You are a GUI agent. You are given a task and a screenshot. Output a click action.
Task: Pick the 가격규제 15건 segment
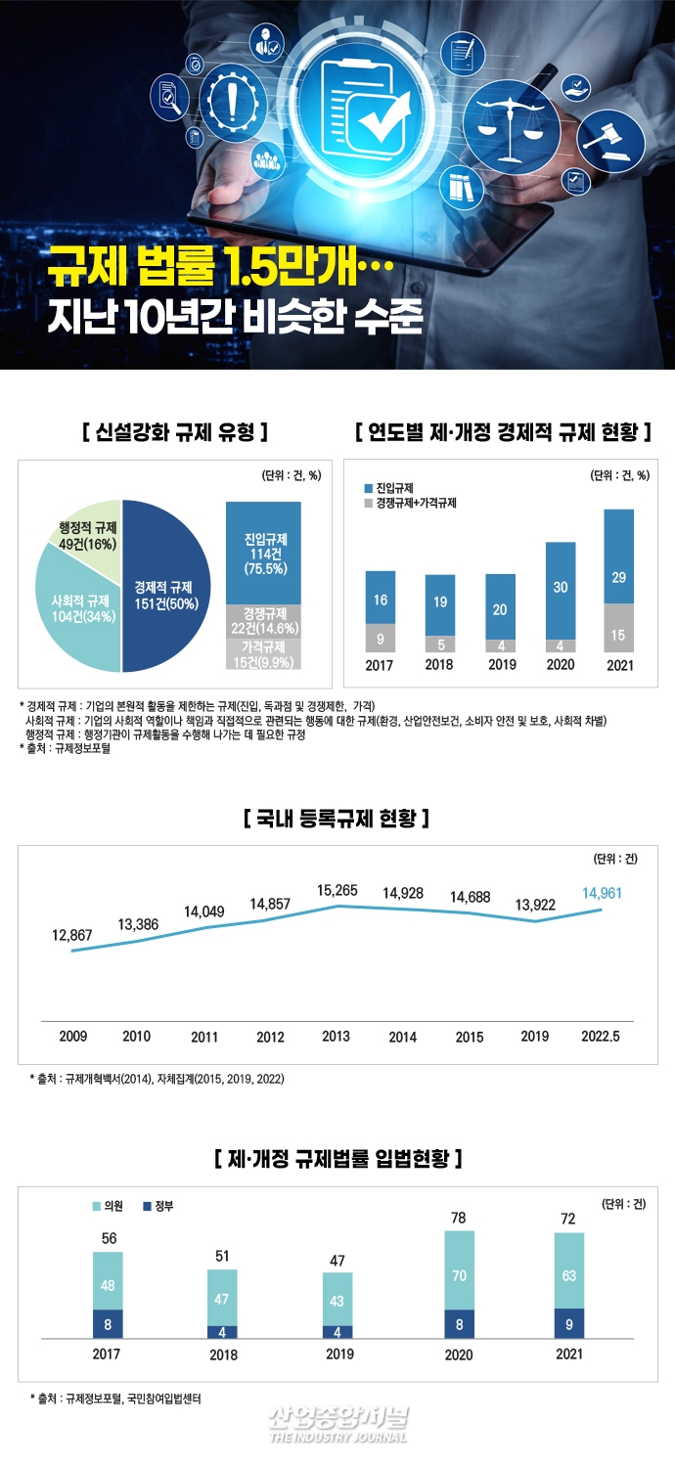coord(263,654)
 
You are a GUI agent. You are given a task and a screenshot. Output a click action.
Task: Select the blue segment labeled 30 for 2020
coord(561,589)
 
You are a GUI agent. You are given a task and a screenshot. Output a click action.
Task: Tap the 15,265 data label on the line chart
coord(337,890)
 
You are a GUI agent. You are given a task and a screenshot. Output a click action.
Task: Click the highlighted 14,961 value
coord(602,893)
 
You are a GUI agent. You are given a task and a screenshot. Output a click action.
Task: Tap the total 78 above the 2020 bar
coord(459,1217)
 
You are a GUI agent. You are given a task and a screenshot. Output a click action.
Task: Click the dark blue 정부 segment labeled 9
coord(569,1323)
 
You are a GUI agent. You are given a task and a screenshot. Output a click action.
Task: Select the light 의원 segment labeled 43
coord(337,1301)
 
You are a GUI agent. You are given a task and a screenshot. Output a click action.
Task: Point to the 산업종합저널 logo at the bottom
coord(337,1423)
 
